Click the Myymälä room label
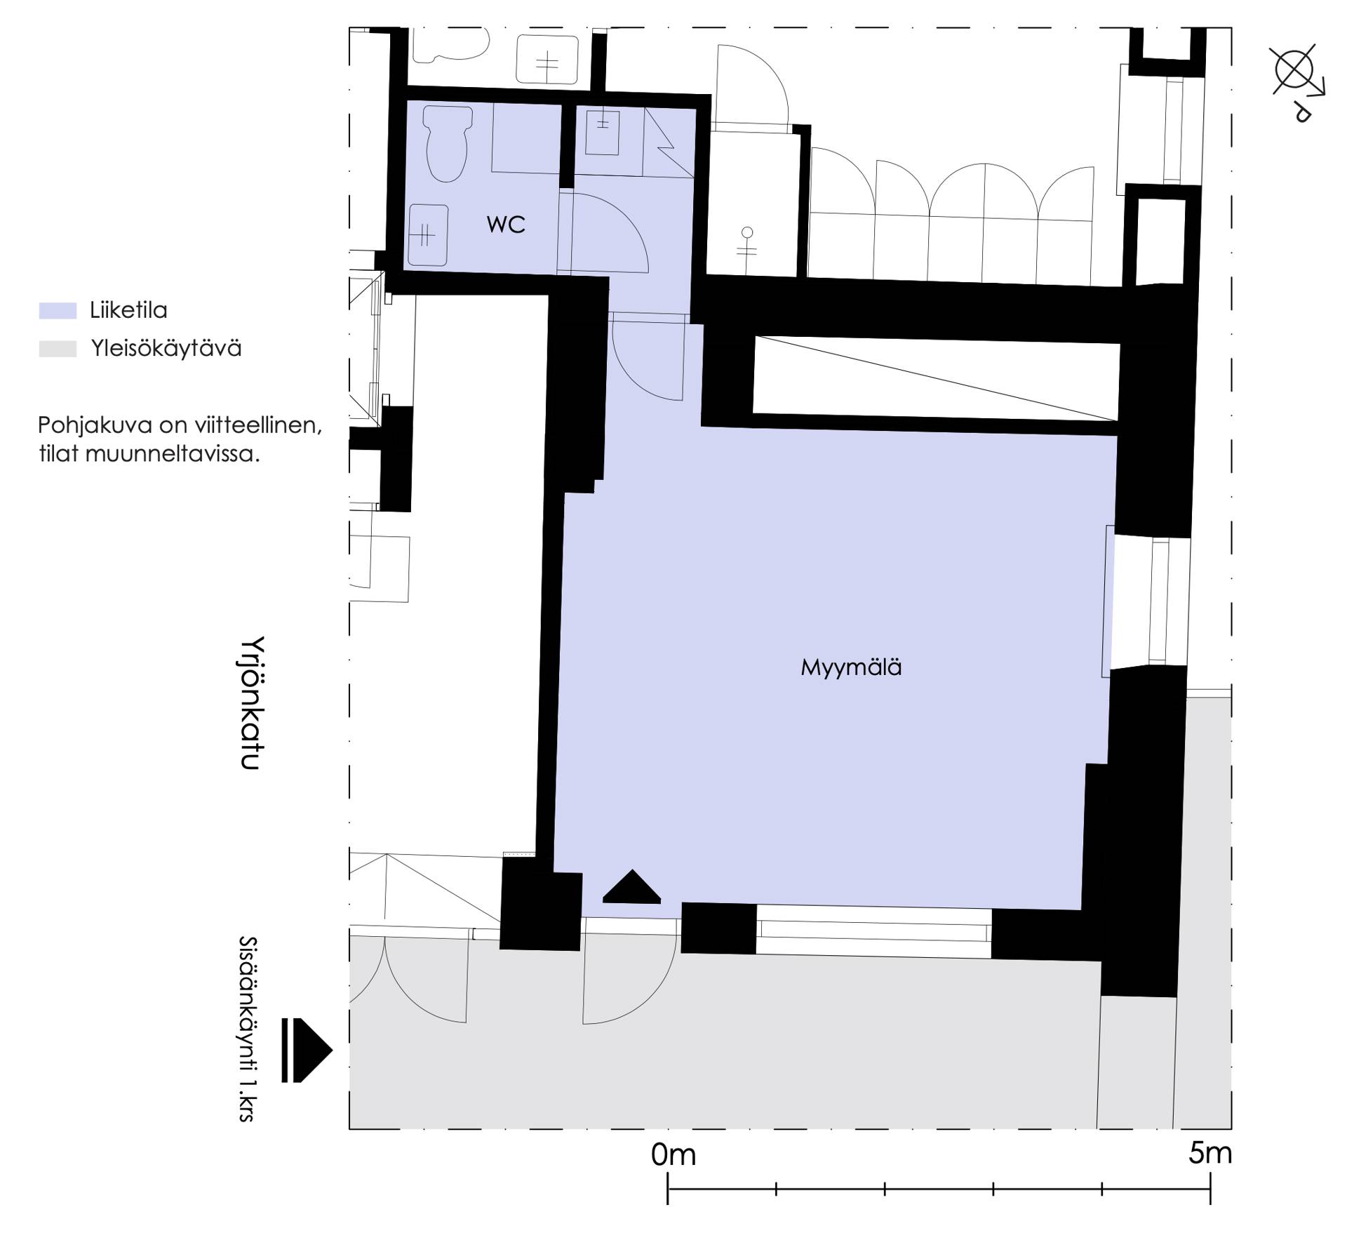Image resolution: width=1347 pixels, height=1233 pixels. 851,667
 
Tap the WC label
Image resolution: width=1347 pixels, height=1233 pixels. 506,225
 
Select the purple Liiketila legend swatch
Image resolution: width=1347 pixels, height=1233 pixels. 58,311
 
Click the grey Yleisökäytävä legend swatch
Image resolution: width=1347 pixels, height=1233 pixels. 58,349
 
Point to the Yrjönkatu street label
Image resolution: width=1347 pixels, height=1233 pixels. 250,703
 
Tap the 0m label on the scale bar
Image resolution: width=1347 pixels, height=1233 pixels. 673,1154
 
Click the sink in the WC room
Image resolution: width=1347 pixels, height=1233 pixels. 428,235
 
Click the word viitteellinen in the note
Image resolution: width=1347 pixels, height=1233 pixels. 259,425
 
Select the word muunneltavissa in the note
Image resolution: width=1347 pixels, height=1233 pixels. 173,454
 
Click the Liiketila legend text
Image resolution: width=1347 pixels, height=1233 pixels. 128,310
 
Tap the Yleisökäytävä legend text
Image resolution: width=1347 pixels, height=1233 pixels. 166,349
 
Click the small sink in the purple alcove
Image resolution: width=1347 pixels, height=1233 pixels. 603,132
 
